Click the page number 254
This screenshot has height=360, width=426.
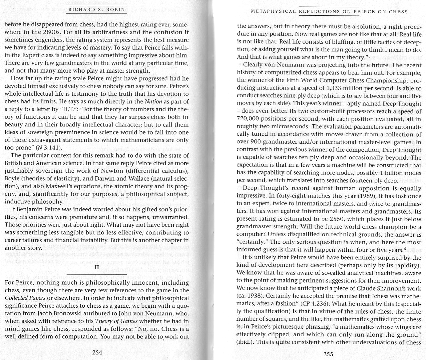coord(97,352)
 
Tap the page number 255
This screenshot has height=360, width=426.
coord(328,354)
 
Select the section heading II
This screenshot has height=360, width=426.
coord(97,267)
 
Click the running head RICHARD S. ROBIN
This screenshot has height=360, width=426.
coord(97,10)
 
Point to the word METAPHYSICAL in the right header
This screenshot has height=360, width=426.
coord(273,12)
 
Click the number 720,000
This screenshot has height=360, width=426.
coord(249,119)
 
